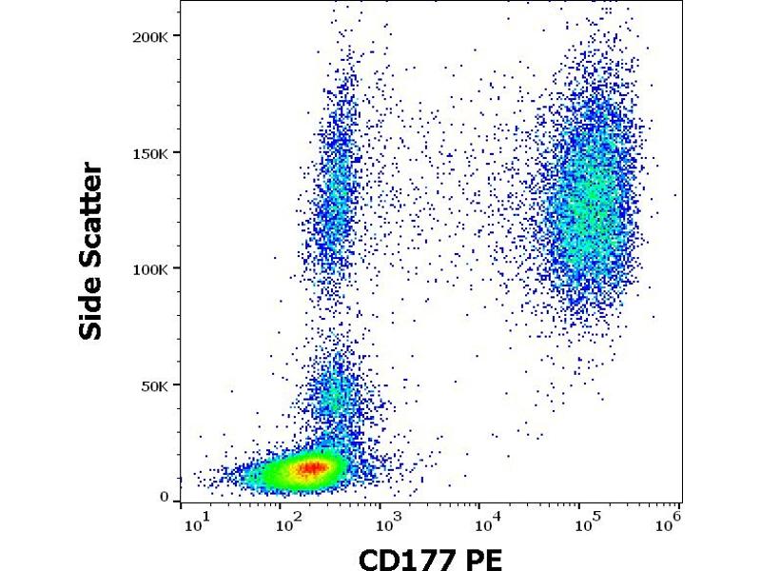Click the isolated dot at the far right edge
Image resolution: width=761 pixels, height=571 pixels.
tap(674, 196)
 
